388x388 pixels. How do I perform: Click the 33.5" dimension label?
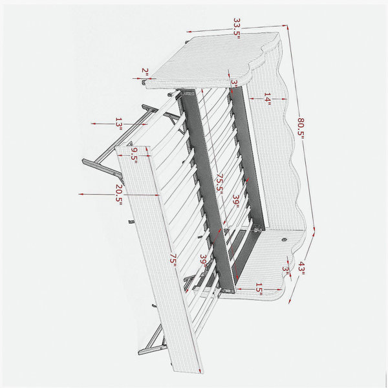tap(237, 28)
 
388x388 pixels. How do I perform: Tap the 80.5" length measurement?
tap(301, 128)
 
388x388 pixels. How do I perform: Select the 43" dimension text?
tap(301, 269)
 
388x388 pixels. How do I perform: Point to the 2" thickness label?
tap(145, 72)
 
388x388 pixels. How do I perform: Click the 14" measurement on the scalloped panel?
tap(268, 99)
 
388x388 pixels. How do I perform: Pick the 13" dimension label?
tap(119, 124)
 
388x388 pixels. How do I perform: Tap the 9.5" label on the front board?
tap(134, 155)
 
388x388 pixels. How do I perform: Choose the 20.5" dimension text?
tap(120, 195)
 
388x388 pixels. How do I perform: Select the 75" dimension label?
tap(173, 260)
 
